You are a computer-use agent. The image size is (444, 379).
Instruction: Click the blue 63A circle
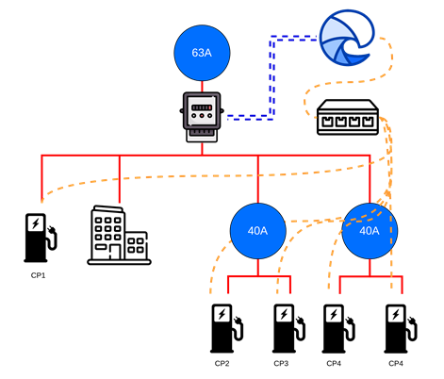click(202, 53)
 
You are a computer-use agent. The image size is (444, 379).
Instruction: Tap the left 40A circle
click(257, 231)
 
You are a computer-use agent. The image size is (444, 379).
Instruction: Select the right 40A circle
click(370, 231)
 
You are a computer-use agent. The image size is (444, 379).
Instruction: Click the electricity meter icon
click(202, 115)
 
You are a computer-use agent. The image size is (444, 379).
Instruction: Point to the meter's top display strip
click(202, 107)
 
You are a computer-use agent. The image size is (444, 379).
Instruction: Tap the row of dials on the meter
click(202, 120)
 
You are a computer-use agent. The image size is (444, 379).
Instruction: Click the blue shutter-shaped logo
click(347, 38)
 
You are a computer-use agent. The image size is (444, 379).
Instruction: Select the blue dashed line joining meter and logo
click(271, 75)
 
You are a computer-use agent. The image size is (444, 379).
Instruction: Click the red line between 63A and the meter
click(202, 87)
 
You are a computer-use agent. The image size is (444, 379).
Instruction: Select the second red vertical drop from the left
click(119, 179)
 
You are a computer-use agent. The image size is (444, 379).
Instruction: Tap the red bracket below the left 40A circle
click(258, 277)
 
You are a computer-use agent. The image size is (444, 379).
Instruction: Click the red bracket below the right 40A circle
click(370, 277)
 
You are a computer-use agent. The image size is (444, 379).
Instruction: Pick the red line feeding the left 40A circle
click(257, 179)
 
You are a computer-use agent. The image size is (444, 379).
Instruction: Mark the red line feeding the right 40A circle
click(370, 179)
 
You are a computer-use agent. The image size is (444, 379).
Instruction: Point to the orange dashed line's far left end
click(43, 200)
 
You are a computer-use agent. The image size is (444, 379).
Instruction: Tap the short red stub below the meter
click(202, 148)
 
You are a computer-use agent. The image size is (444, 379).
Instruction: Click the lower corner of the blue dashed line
click(271, 116)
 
